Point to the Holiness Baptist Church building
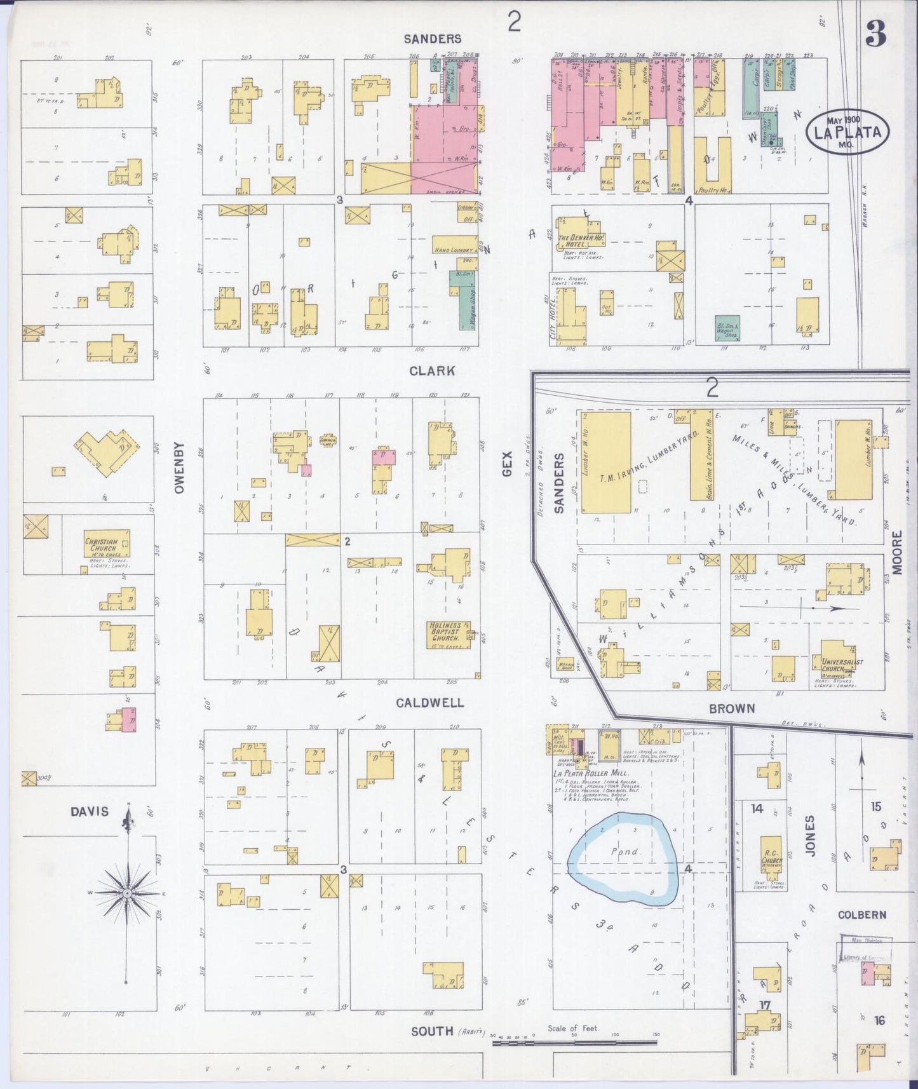click(449, 634)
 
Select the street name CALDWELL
click(429, 703)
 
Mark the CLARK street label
click(432, 370)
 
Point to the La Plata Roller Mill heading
click(591, 773)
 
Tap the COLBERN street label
click(861, 915)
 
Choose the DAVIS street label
click(90, 811)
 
